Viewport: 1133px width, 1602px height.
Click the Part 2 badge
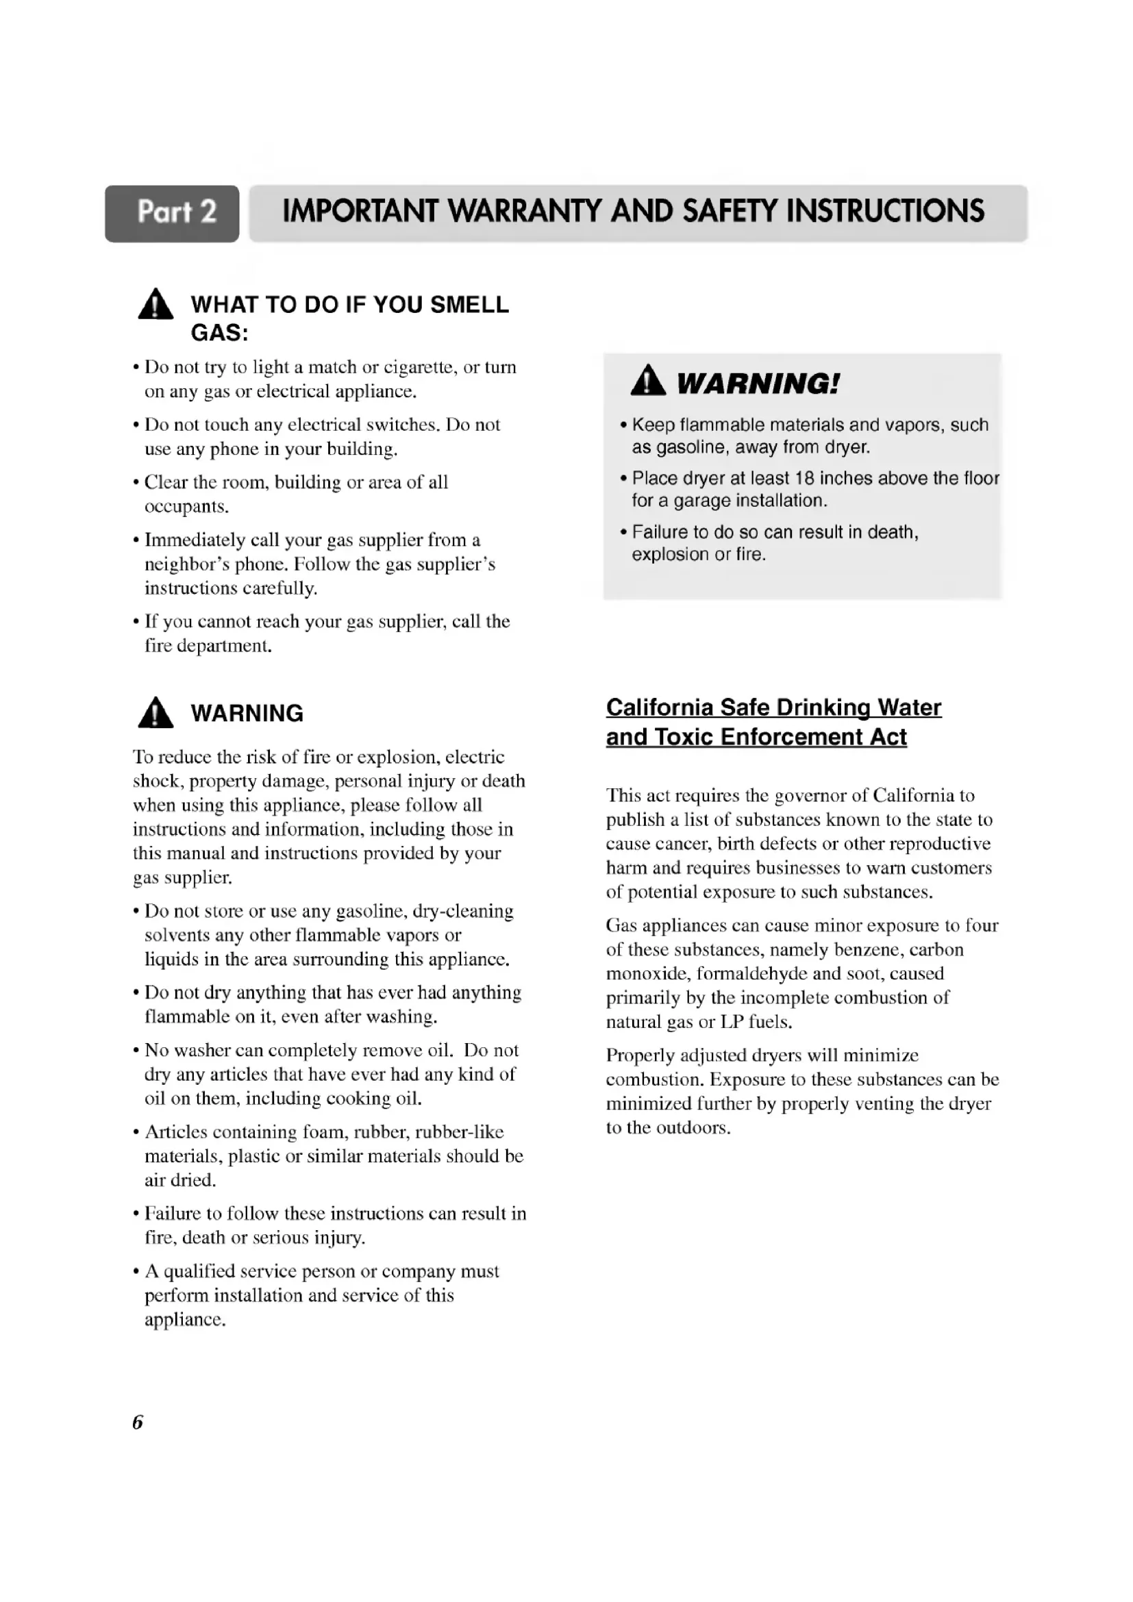172,213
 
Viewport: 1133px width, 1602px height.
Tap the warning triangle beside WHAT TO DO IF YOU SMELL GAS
155,305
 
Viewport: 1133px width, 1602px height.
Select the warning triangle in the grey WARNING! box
647,381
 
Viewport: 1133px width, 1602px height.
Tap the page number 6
138,1421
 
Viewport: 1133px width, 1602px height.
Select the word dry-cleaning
463,911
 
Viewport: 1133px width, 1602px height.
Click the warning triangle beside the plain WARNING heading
155,713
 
